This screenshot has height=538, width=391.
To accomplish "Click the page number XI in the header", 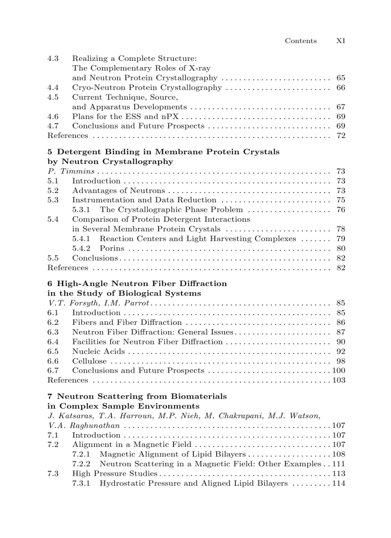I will (340, 41).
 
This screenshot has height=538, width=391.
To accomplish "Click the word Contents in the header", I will (300, 41).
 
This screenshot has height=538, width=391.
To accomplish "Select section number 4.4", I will (53, 88).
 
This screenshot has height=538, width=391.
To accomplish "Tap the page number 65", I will (341, 78).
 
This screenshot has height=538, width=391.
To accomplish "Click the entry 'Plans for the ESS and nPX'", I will (125, 116).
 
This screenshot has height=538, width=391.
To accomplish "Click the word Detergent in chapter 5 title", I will (80, 152).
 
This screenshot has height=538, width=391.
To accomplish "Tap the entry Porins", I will (112, 248).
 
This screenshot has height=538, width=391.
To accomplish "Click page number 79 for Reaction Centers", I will (341, 239).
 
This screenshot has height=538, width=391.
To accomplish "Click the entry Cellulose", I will (89, 361).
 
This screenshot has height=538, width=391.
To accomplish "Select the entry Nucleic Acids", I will (98, 351).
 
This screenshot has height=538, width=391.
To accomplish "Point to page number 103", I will (339, 380).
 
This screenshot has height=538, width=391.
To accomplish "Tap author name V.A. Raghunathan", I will (83, 425).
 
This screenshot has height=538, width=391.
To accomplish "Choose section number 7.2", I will (53, 445).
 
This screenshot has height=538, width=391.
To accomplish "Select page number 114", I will (339, 483).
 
